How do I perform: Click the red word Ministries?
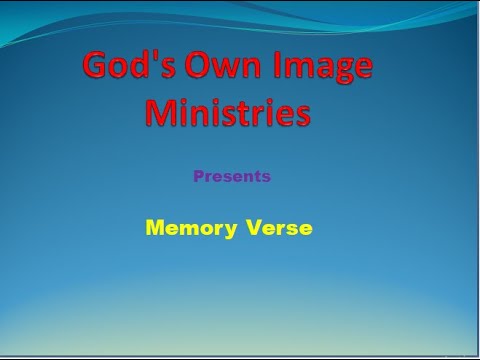(x=227, y=112)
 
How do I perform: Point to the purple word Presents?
(x=232, y=177)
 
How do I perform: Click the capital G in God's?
(x=97, y=67)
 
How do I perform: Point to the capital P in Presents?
(x=198, y=177)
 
